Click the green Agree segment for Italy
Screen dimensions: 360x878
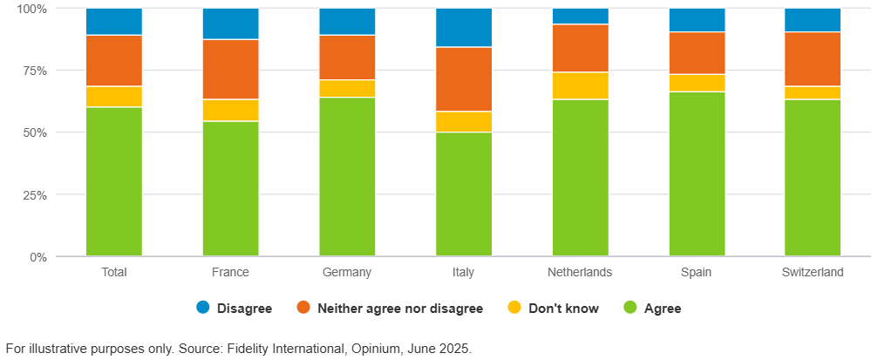(463, 194)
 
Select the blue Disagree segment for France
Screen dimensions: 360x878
(230, 24)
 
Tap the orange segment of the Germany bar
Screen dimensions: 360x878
(347, 58)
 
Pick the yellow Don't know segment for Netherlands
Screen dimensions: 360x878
(580, 85)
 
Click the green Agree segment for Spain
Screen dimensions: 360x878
(697, 174)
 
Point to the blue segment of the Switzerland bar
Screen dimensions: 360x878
(813, 20)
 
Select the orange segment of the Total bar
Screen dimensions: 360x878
(114, 61)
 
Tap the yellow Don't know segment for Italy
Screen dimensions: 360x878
(463, 122)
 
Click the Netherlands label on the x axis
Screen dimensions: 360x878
(580, 272)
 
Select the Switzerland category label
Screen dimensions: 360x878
(813, 272)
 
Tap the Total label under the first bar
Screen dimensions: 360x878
(114, 272)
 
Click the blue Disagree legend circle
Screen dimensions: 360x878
(203, 308)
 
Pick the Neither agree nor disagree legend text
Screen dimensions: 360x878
(399, 308)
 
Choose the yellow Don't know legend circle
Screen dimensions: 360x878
(515, 308)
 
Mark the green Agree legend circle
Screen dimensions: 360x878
(630, 308)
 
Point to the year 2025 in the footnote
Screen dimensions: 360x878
(453, 349)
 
